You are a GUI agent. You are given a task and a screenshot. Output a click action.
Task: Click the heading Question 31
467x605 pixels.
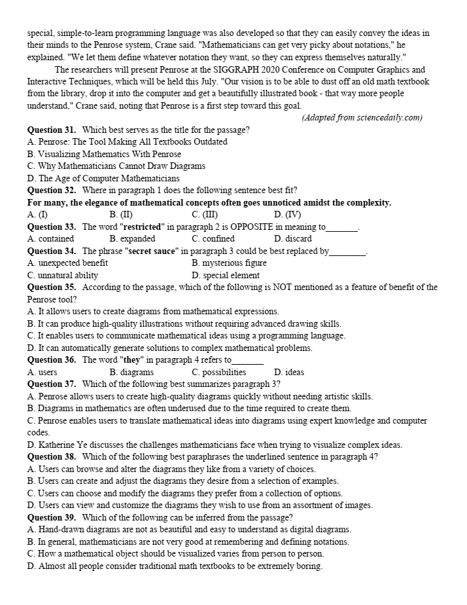52,130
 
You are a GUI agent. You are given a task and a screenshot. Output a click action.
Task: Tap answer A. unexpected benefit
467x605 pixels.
67,263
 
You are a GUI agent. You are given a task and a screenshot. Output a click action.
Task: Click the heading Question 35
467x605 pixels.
52,287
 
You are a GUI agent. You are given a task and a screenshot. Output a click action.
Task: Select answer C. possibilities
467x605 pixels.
219,372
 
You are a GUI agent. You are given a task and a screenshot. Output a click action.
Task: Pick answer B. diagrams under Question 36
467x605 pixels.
131,372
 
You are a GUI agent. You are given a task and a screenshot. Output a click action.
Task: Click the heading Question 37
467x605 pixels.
52,384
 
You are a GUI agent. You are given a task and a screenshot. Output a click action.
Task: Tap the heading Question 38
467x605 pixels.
52,457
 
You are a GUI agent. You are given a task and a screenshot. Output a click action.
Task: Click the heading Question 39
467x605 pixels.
52,517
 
